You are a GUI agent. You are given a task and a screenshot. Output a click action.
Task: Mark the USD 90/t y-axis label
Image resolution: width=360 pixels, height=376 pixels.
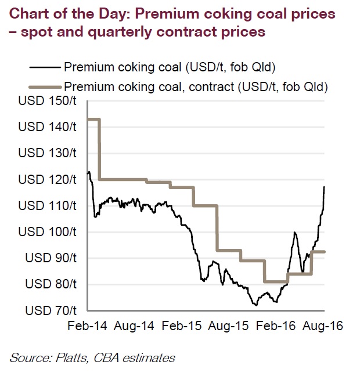[50, 258]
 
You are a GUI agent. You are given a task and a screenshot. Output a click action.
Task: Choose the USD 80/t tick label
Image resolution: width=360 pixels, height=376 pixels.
[50, 284]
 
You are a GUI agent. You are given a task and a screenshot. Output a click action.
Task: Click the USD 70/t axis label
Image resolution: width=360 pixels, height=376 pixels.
[50, 310]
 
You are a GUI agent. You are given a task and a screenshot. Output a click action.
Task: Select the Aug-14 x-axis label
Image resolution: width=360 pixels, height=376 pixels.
[135, 326]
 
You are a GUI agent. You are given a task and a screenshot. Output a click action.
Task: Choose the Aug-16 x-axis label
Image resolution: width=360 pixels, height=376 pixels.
[323, 326]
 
